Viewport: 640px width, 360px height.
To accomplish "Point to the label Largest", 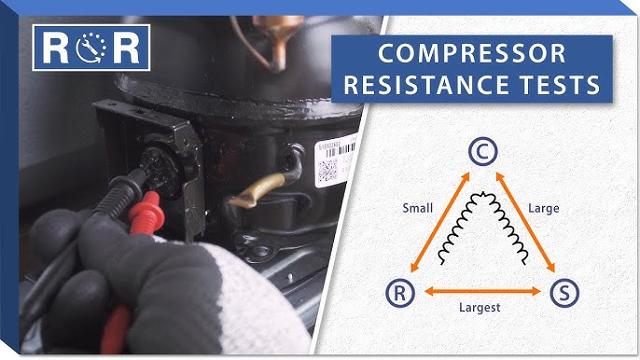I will [481, 307].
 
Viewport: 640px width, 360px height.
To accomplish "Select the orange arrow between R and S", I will [481, 292].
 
